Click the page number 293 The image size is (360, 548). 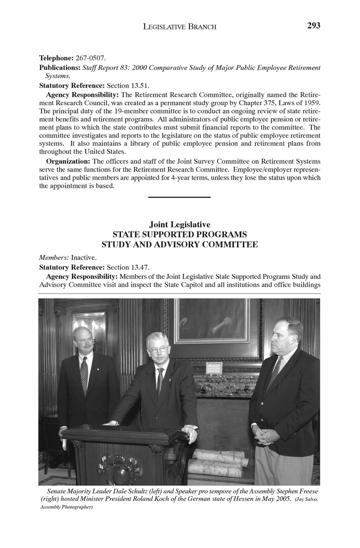point(313,26)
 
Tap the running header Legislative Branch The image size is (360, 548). point(180,27)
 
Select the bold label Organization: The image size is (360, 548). point(68,162)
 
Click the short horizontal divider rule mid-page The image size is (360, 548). point(179,197)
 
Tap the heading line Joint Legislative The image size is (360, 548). point(180,225)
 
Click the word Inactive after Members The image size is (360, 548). point(83,258)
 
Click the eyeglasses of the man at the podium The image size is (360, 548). point(157,350)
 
